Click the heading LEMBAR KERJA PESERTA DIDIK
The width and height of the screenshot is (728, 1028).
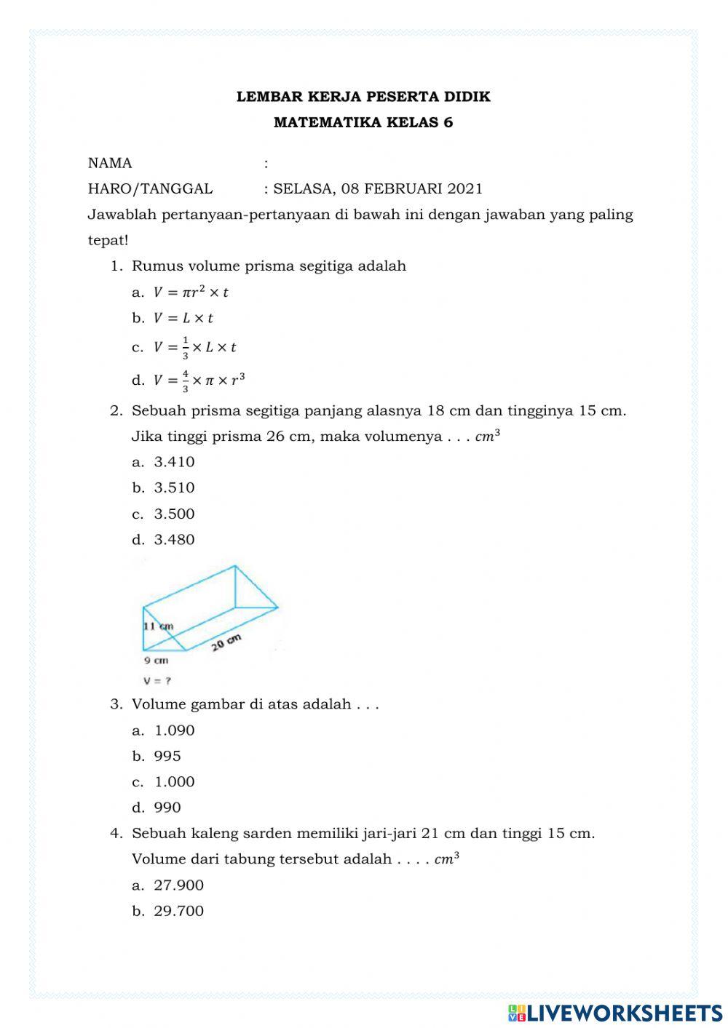tap(363, 97)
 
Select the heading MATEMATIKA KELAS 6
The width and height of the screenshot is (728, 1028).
tap(363, 122)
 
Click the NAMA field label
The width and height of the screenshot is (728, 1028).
tap(110, 163)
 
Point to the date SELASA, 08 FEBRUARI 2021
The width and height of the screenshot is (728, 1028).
tap(377, 189)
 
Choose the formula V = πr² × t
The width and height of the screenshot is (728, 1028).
tap(191, 292)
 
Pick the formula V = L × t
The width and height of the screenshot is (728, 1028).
tap(183, 318)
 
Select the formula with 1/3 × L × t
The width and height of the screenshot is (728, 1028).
tap(194, 348)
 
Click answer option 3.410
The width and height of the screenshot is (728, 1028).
tap(174, 462)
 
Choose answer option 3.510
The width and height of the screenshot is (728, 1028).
tap(174, 488)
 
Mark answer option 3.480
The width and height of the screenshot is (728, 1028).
tap(174, 540)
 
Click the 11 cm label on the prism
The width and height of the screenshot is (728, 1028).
tap(158, 626)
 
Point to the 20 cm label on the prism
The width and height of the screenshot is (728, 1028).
tap(226, 643)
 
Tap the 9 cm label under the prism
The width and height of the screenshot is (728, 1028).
tap(156, 661)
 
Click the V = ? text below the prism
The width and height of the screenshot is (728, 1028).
tap(157, 681)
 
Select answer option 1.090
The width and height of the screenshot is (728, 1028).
tap(174, 730)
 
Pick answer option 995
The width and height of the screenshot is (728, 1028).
tap(167, 756)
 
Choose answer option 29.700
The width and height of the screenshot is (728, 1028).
tap(178, 911)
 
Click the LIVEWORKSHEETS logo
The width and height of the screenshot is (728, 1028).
tap(615, 1012)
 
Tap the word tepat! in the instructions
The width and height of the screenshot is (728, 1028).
tap(108, 240)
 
